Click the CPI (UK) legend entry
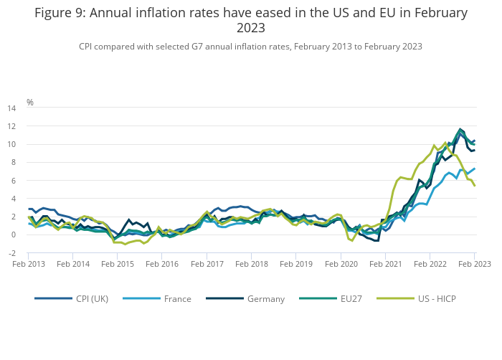(92, 298)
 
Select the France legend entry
(176, 298)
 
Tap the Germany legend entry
(266, 298)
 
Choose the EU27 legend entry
(351, 298)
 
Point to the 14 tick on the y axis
(11, 108)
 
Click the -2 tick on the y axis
(11, 253)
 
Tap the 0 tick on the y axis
(13, 235)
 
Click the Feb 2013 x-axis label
(29, 264)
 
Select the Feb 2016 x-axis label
(163, 264)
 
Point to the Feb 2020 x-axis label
(341, 264)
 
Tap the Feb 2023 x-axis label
(475, 264)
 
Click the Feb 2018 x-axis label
(252, 264)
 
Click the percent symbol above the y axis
(30, 103)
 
